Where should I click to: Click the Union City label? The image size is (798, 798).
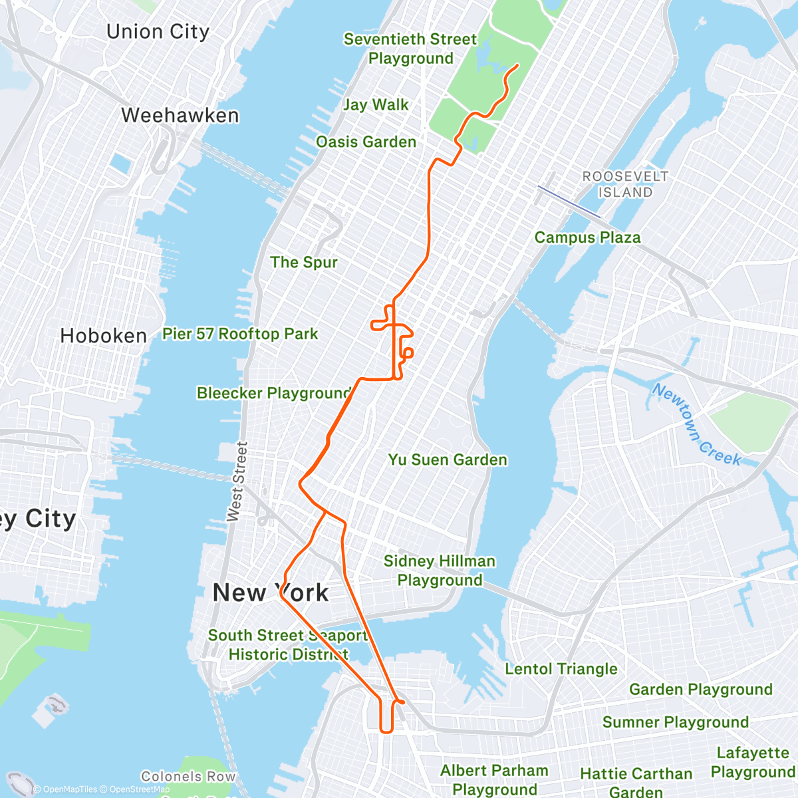(158, 32)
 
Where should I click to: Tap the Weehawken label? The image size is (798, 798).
(180, 115)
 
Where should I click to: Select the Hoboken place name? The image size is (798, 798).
(103, 336)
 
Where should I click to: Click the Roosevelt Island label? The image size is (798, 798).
(625, 184)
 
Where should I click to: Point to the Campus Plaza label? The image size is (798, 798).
(587, 237)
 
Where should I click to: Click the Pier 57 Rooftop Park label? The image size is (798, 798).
(240, 334)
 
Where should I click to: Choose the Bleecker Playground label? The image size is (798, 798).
(274, 393)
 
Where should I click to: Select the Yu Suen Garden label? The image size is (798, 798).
(448, 460)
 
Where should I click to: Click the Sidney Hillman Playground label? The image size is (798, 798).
(440, 571)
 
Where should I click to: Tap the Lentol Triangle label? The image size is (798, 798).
(561, 669)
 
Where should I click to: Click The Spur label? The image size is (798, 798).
(304, 262)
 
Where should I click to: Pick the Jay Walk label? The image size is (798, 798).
(376, 104)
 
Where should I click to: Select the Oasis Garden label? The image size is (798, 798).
(366, 142)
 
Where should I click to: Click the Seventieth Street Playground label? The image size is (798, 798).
(410, 49)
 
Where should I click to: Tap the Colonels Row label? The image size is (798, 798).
(188, 776)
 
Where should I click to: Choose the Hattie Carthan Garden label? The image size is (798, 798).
(636, 782)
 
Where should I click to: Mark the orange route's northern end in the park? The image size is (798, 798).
(517, 65)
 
